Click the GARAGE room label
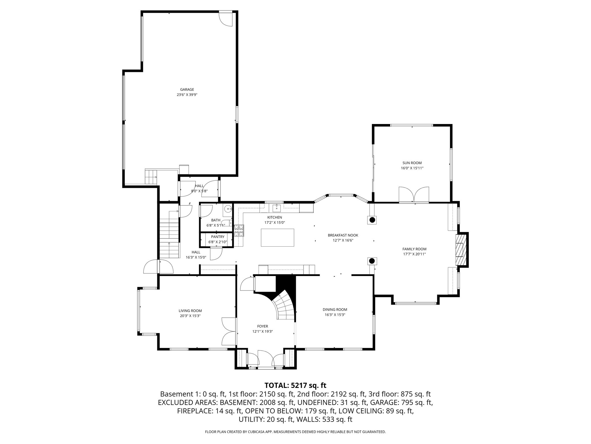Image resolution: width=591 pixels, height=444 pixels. pyautogui.click(x=187, y=90)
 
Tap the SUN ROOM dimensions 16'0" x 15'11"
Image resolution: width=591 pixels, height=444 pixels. pyautogui.click(x=412, y=168)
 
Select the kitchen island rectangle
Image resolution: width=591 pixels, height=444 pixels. pyautogui.click(x=277, y=237)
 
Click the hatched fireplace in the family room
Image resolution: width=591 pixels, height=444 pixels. pyautogui.click(x=461, y=250)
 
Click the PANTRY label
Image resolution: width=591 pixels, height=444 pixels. pyautogui.click(x=218, y=237)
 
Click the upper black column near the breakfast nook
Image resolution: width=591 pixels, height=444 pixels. pyautogui.click(x=372, y=220)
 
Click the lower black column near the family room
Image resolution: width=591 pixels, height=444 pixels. pyautogui.click(x=372, y=261)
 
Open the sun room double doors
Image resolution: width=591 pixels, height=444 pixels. pyautogui.click(x=414, y=195)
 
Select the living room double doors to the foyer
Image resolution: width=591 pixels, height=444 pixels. pyautogui.click(x=229, y=331)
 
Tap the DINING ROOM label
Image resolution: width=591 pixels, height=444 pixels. pyautogui.click(x=335, y=310)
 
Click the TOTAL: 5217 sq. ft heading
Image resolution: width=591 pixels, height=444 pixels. pyautogui.click(x=295, y=385)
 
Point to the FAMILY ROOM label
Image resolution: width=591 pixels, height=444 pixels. pyautogui.click(x=414, y=249)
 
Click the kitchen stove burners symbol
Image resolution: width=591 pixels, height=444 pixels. pyautogui.click(x=239, y=231)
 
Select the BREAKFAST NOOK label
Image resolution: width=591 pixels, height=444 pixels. pyautogui.click(x=343, y=235)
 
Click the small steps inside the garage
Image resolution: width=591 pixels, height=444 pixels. pyautogui.click(x=150, y=177)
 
